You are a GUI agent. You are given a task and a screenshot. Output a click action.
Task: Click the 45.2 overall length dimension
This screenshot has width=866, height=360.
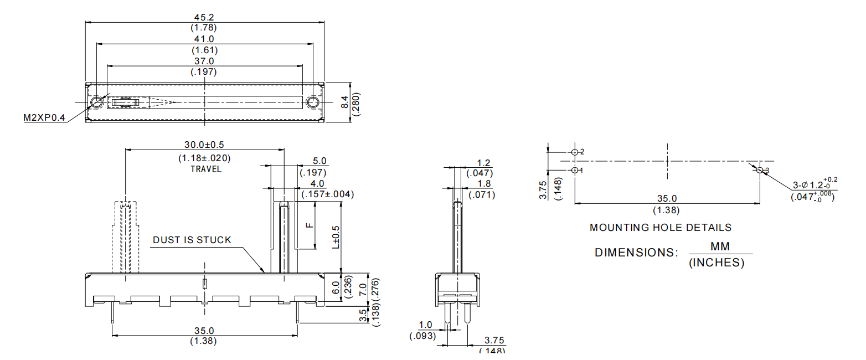(204, 17)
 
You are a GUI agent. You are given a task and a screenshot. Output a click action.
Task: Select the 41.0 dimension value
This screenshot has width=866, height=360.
(204, 39)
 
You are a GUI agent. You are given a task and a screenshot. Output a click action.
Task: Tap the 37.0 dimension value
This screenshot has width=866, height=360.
(204, 61)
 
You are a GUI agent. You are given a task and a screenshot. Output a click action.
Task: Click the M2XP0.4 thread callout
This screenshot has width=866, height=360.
(44, 118)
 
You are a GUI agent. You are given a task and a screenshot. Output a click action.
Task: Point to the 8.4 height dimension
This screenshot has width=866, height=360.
(345, 102)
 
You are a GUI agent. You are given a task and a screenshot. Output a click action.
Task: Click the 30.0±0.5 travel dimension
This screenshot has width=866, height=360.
(204, 145)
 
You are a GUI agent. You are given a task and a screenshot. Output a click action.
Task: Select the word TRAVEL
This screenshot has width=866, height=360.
(205, 169)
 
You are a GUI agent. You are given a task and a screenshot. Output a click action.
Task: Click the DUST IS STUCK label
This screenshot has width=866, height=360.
(192, 240)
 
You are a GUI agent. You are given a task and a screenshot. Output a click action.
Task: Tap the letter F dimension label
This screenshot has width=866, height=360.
(310, 225)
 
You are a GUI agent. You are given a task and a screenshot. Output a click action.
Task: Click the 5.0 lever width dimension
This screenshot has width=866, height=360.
(320, 161)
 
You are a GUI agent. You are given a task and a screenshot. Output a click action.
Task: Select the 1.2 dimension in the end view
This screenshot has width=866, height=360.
(483, 163)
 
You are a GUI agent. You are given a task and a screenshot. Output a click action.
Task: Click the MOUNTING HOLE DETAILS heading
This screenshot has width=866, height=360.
(660, 228)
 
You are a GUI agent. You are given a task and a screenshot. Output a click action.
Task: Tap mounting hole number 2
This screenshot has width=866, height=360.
(575, 152)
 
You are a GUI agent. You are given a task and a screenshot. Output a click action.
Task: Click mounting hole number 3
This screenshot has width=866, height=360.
(760, 170)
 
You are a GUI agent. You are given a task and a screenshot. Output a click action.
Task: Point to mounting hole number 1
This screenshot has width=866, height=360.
(575, 170)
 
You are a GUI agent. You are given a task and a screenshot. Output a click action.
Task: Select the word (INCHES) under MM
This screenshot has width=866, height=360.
(716, 263)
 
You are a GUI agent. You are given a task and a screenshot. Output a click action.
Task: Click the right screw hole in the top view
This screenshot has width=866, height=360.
(312, 102)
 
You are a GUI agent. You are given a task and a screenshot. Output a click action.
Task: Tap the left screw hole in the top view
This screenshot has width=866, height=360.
(96, 102)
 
